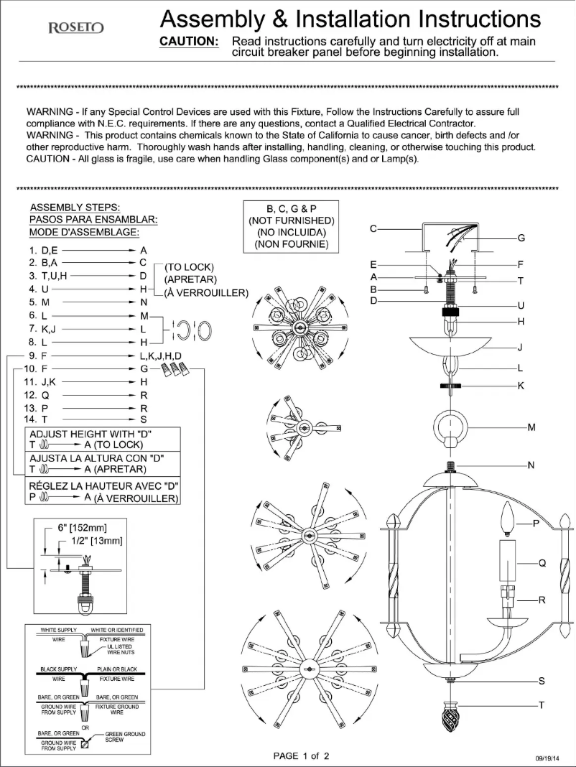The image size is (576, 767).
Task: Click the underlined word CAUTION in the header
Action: click(x=188, y=42)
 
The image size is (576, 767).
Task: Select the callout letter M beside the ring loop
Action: click(x=531, y=427)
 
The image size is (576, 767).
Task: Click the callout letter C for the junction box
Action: click(x=373, y=228)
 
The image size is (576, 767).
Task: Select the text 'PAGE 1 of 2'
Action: click(x=301, y=756)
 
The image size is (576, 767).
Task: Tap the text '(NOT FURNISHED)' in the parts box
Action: click(x=291, y=220)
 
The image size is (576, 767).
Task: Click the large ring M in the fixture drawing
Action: click(x=451, y=427)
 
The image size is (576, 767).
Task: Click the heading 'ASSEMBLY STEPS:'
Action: click(x=75, y=208)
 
